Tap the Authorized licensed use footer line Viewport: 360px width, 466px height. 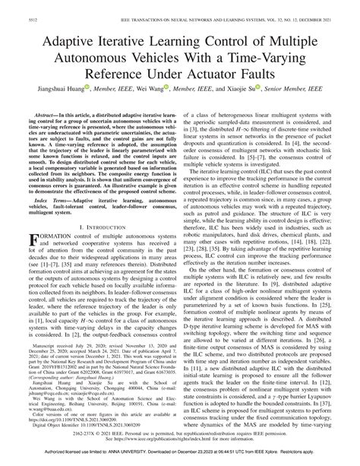(x=179, y=459)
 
